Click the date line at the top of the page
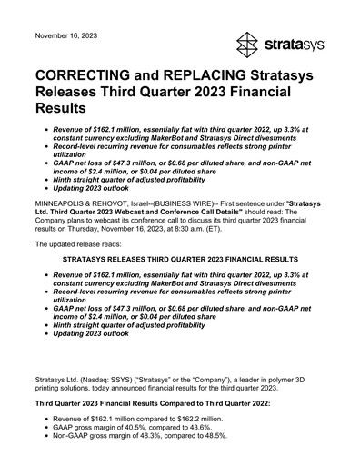(x=66, y=35)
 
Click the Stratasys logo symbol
(x=249, y=44)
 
